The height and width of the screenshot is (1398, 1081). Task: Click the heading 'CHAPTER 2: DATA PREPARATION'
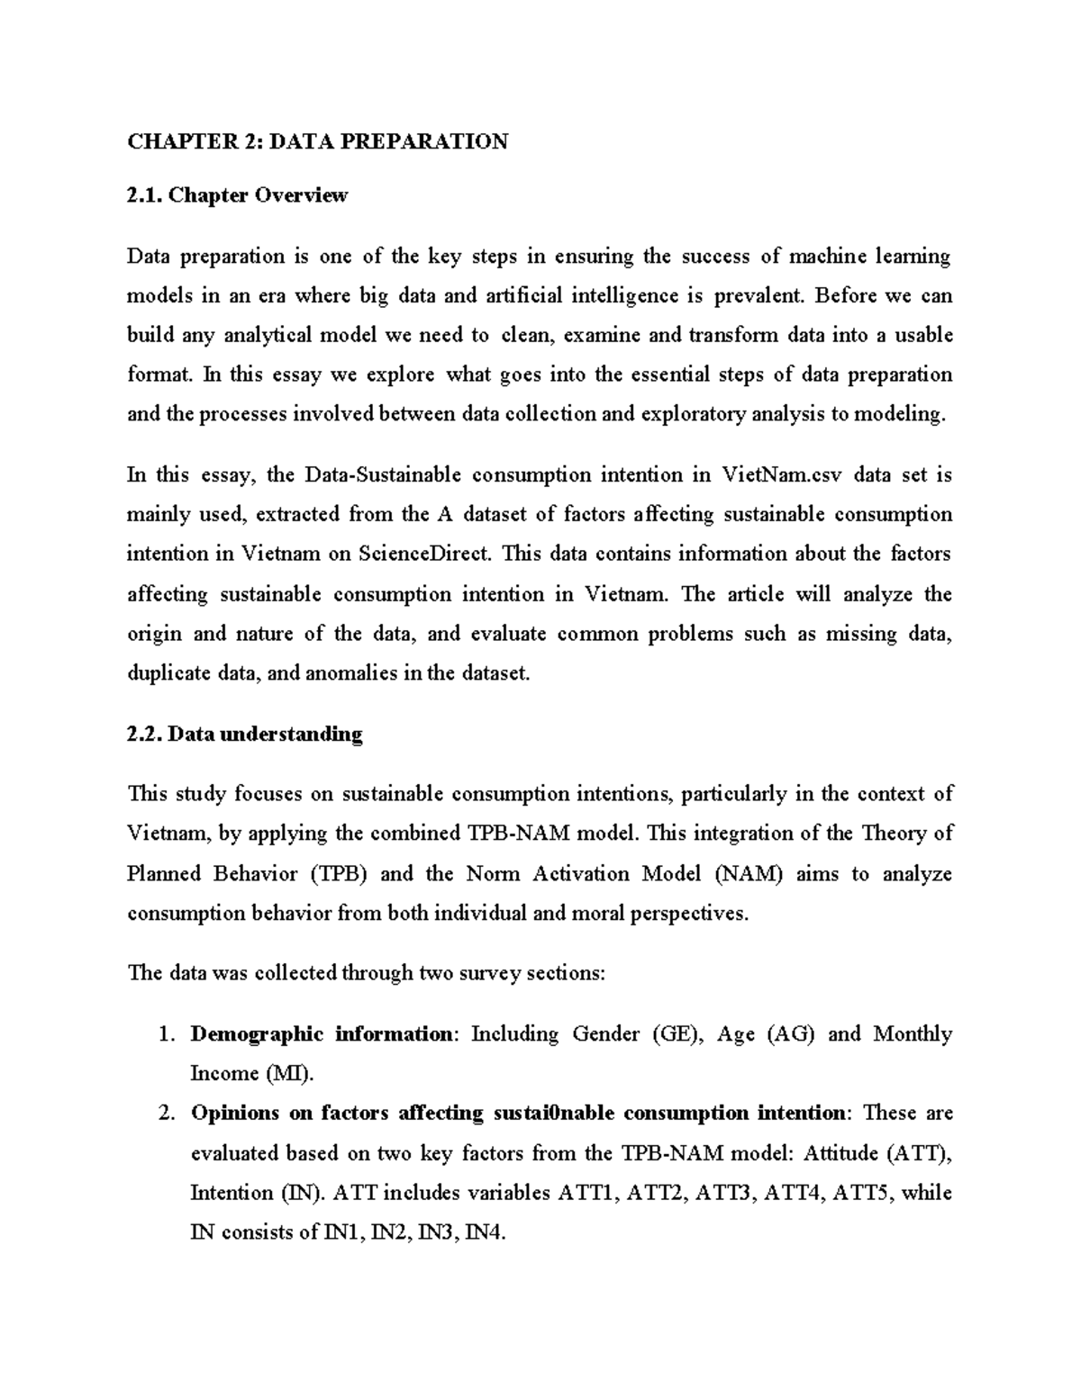click(317, 141)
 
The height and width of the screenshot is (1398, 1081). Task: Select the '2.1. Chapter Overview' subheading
click(237, 195)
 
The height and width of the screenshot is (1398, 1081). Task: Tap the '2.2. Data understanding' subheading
click(244, 734)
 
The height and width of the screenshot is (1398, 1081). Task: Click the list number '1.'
click(166, 1034)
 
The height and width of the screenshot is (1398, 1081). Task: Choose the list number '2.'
click(166, 1114)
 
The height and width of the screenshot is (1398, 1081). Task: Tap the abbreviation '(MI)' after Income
click(289, 1074)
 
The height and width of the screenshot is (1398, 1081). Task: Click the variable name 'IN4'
click(484, 1233)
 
